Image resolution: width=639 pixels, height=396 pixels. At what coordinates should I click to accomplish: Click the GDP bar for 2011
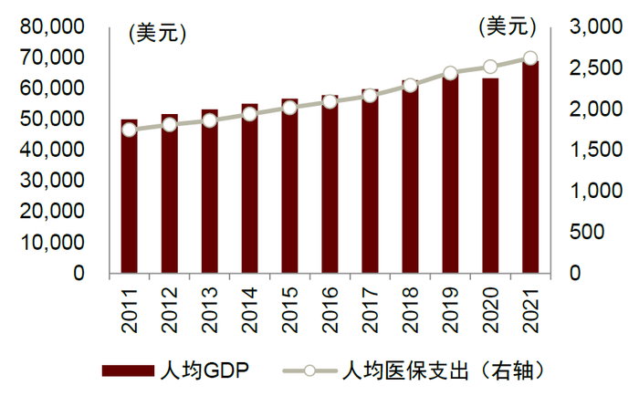(x=130, y=196)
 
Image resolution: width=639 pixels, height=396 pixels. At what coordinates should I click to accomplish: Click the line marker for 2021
(x=530, y=58)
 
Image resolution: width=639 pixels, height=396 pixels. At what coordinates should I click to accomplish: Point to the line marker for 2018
(x=410, y=86)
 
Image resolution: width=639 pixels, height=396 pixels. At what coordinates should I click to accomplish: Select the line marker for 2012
(x=170, y=124)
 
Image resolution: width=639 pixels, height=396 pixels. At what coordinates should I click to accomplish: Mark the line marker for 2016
(x=330, y=101)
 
